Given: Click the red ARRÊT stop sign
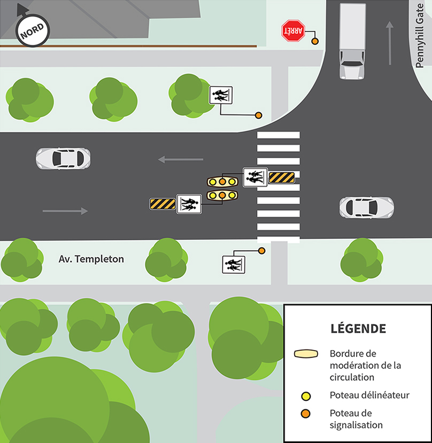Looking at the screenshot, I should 293,32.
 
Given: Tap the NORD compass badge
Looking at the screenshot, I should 33,30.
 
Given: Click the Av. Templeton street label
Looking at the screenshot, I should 91,259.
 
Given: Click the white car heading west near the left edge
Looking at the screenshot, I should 63,158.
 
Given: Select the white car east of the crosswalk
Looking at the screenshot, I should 366,207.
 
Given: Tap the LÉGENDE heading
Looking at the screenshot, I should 358,328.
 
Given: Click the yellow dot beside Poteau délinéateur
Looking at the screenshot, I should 306,396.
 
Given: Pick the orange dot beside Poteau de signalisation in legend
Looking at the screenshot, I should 306,414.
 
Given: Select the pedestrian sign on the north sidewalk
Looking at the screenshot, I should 220,96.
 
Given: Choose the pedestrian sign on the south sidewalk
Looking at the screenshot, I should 233,264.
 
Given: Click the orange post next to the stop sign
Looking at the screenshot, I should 315,41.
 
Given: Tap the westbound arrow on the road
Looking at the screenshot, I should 181,159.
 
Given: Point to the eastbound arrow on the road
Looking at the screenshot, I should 65,211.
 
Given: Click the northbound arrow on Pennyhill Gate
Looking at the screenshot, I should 390,43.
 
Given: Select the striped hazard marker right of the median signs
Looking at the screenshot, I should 281,177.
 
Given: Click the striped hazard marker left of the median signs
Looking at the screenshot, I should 163,204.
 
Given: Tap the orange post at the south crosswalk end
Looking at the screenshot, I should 261,250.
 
